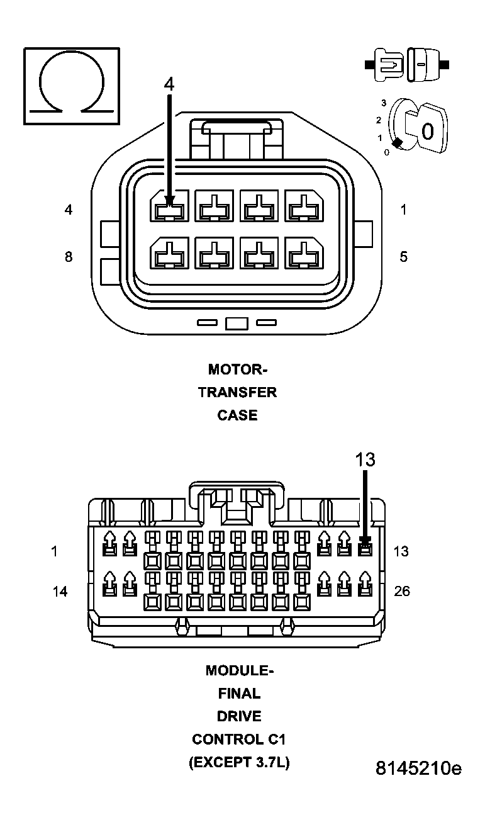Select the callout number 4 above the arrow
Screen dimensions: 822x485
click(x=169, y=84)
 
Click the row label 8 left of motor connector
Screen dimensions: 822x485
click(x=68, y=257)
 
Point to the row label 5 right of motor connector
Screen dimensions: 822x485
click(x=403, y=257)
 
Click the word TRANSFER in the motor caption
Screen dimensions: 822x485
click(x=237, y=392)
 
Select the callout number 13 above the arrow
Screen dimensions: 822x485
click(x=365, y=460)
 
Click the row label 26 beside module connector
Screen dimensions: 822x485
click(x=402, y=592)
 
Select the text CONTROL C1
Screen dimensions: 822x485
click(x=239, y=739)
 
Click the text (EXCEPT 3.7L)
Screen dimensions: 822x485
click(x=239, y=763)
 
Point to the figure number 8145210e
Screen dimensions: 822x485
click(x=418, y=769)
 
